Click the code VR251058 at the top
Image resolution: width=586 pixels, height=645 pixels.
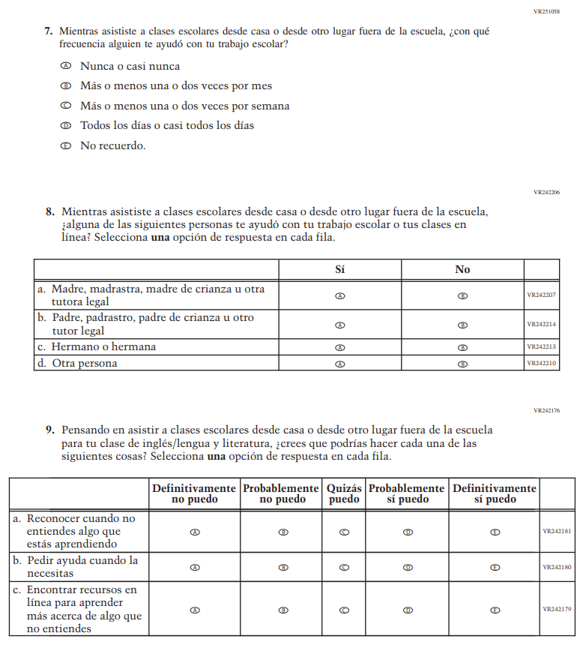pyautogui.click(x=546, y=12)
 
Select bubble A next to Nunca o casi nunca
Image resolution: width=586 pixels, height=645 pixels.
pyautogui.click(x=66, y=66)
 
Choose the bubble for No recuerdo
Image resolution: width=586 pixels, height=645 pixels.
pyautogui.click(x=66, y=145)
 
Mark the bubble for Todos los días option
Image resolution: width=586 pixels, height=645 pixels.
pyautogui.click(x=66, y=125)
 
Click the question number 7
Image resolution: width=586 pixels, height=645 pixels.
pyautogui.click(x=48, y=31)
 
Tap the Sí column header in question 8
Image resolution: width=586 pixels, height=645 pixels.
pyautogui.click(x=339, y=269)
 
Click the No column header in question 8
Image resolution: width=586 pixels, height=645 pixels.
pyautogui.click(x=462, y=269)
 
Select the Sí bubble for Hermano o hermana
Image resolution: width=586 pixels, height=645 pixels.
pyautogui.click(x=339, y=347)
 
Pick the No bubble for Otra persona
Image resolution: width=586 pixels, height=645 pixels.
pyautogui.click(x=462, y=364)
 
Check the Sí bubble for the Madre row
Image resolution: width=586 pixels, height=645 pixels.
pyautogui.click(x=339, y=295)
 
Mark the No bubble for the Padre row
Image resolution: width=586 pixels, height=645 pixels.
pyautogui.click(x=462, y=325)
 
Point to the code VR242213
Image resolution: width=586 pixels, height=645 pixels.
pyautogui.click(x=541, y=347)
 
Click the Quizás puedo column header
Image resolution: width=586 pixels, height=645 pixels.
pyautogui.click(x=344, y=493)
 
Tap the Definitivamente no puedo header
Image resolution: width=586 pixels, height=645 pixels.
pyautogui.click(x=195, y=493)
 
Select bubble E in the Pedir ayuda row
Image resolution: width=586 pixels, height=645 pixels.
pyautogui.click(x=495, y=567)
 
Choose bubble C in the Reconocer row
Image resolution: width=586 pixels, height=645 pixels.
pyautogui.click(x=344, y=532)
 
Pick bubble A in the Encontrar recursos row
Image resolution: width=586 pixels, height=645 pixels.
pyautogui.click(x=195, y=610)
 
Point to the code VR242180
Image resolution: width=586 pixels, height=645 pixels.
pyautogui.click(x=557, y=567)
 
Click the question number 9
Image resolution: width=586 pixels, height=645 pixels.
pyautogui.click(x=49, y=430)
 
